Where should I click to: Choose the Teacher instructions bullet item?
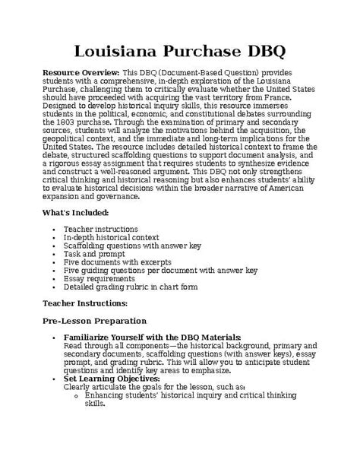(x=100, y=228)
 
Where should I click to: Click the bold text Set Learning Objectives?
(x=112, y=378)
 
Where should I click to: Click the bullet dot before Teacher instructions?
(x=49, y=229)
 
